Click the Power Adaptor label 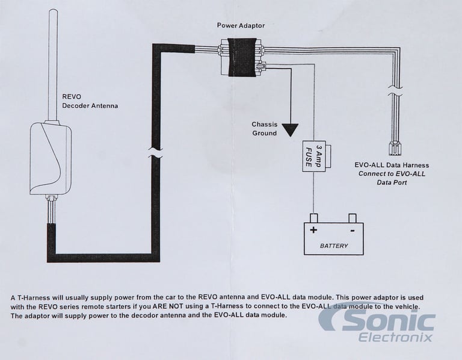click(x=241, y=25)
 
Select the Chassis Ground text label click(x=264, y=129)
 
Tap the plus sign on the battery click(x=313, y=230)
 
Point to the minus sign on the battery click(x=353, y=231)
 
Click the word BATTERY click(x=334, y=246)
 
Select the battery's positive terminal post click(x=313, y=218)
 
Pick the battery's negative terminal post click(x=353, y=218)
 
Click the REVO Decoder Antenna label click(x=90, y=101)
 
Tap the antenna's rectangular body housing click(x=51, y=159)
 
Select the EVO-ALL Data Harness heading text click(x=392, y=165)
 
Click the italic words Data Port click(x=392, y=182)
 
